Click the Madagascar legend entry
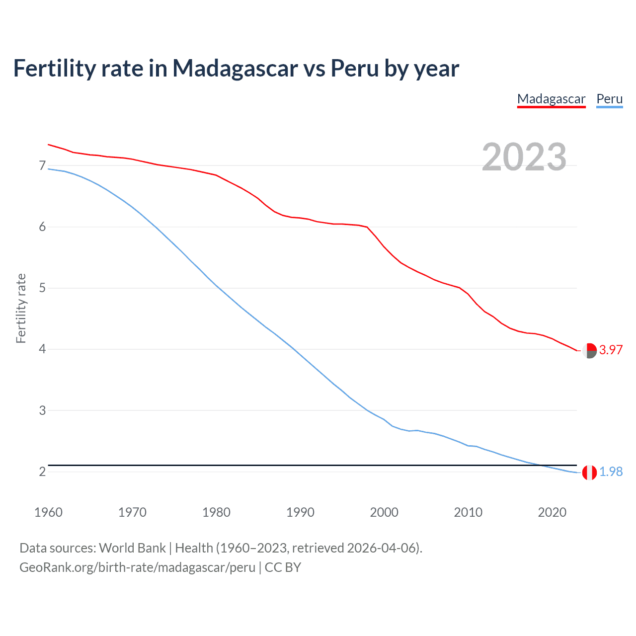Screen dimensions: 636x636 [551, 99]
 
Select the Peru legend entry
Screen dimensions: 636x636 [609, 99]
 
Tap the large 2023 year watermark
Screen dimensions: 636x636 [524, 157]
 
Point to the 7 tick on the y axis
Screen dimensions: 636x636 [42, 165]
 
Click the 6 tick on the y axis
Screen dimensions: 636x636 [42, 227]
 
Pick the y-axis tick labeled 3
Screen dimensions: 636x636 [42, 410]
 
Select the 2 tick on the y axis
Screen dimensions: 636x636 [42, 472]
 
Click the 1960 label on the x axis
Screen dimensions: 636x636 [48, 512]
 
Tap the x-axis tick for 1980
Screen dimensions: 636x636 [216, 512]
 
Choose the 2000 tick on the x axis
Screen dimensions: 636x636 [384, 512]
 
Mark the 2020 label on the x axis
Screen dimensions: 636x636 [552, 512]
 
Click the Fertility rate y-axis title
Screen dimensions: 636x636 [21, 308]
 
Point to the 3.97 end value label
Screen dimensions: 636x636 [611, 350]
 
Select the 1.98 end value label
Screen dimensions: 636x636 [611, 472]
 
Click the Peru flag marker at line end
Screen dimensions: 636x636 [589, 473]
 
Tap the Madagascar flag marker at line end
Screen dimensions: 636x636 [589, 350]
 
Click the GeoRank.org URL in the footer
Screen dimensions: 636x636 [137, 567]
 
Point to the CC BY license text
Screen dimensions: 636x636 [283, 567]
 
